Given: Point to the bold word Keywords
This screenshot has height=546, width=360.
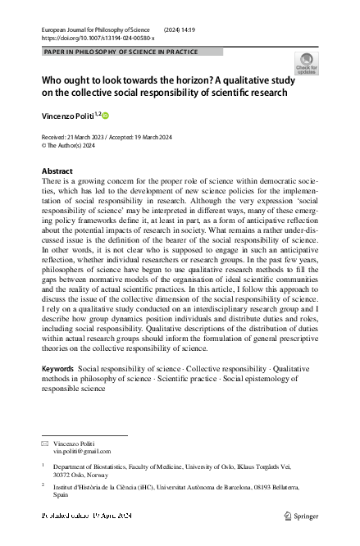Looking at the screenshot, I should pos(57,370).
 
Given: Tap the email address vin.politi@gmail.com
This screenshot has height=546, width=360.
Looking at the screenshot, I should pos(82,451).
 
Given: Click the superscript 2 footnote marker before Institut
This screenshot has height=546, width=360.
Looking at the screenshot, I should pos(43,485).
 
